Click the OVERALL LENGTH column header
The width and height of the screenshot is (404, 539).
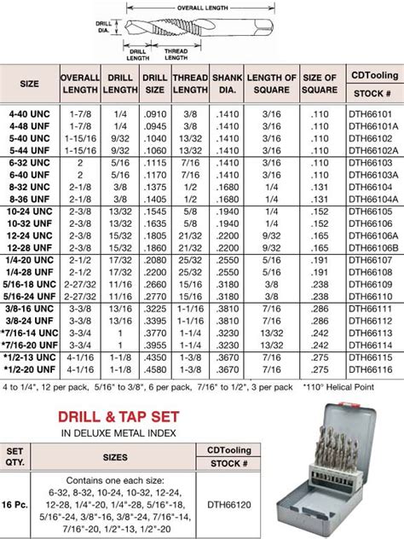click(80, 84)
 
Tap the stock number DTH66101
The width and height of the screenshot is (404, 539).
click(371, 110)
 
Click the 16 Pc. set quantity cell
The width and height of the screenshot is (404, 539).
click(16, 505)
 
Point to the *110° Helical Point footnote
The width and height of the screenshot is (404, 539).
click(342, 386)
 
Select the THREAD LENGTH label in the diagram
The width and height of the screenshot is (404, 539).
click(176, 54)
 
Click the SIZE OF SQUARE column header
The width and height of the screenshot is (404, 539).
click(320, 84)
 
